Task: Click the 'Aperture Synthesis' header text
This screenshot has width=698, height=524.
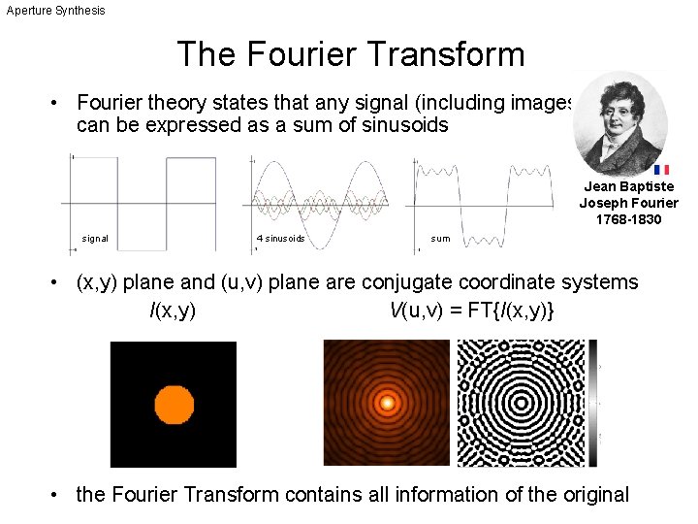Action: [x=56, y=10]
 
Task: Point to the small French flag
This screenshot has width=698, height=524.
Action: [x=661, y=169]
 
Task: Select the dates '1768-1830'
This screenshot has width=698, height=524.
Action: [x=629, y=220]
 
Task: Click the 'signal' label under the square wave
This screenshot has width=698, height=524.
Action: [x=95, y=238]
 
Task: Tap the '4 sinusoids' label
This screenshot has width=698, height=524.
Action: [x=280, y=238]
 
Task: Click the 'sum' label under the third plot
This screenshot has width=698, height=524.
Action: [x=440, y=238]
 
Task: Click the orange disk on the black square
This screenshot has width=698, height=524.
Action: [x=174, y=404]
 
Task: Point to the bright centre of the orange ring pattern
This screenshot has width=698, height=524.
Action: [x=387, y=402]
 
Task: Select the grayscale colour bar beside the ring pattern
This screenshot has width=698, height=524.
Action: [x=593, y=402]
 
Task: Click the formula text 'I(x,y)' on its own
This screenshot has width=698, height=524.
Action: [x=173, y=311]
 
